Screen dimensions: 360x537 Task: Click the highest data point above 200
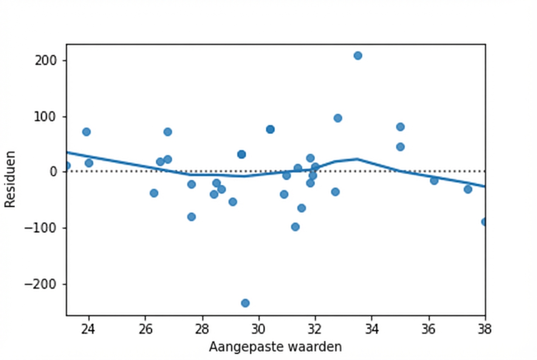pyautogui.click(x=358, y=56)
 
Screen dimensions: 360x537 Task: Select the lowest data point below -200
pyautogui.click(x=245, y=303)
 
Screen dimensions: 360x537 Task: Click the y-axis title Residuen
pyautogui.click(x=10, y=179)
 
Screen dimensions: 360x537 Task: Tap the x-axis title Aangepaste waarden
pyautogui.click(x=275, y=347)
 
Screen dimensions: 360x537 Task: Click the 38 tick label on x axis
pyautogui.click(x=484, y=328)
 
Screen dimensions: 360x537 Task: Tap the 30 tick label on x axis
pyautogui.click(x=258, y=328)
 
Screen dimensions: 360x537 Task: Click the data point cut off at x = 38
pyautogui.click(x=483, y=222)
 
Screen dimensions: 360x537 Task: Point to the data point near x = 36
pyautogui.click(x=434, y=180)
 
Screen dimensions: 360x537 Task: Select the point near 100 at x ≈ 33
pyautogui.click(x=338, y=118)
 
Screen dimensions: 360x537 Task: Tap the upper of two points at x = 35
pyautogui.click(x=400, y=127)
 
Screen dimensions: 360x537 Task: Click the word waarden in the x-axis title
pyautogui.click(x=315, y=347)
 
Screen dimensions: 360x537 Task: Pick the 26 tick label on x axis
pyautogui.click(x=145, y=328)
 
